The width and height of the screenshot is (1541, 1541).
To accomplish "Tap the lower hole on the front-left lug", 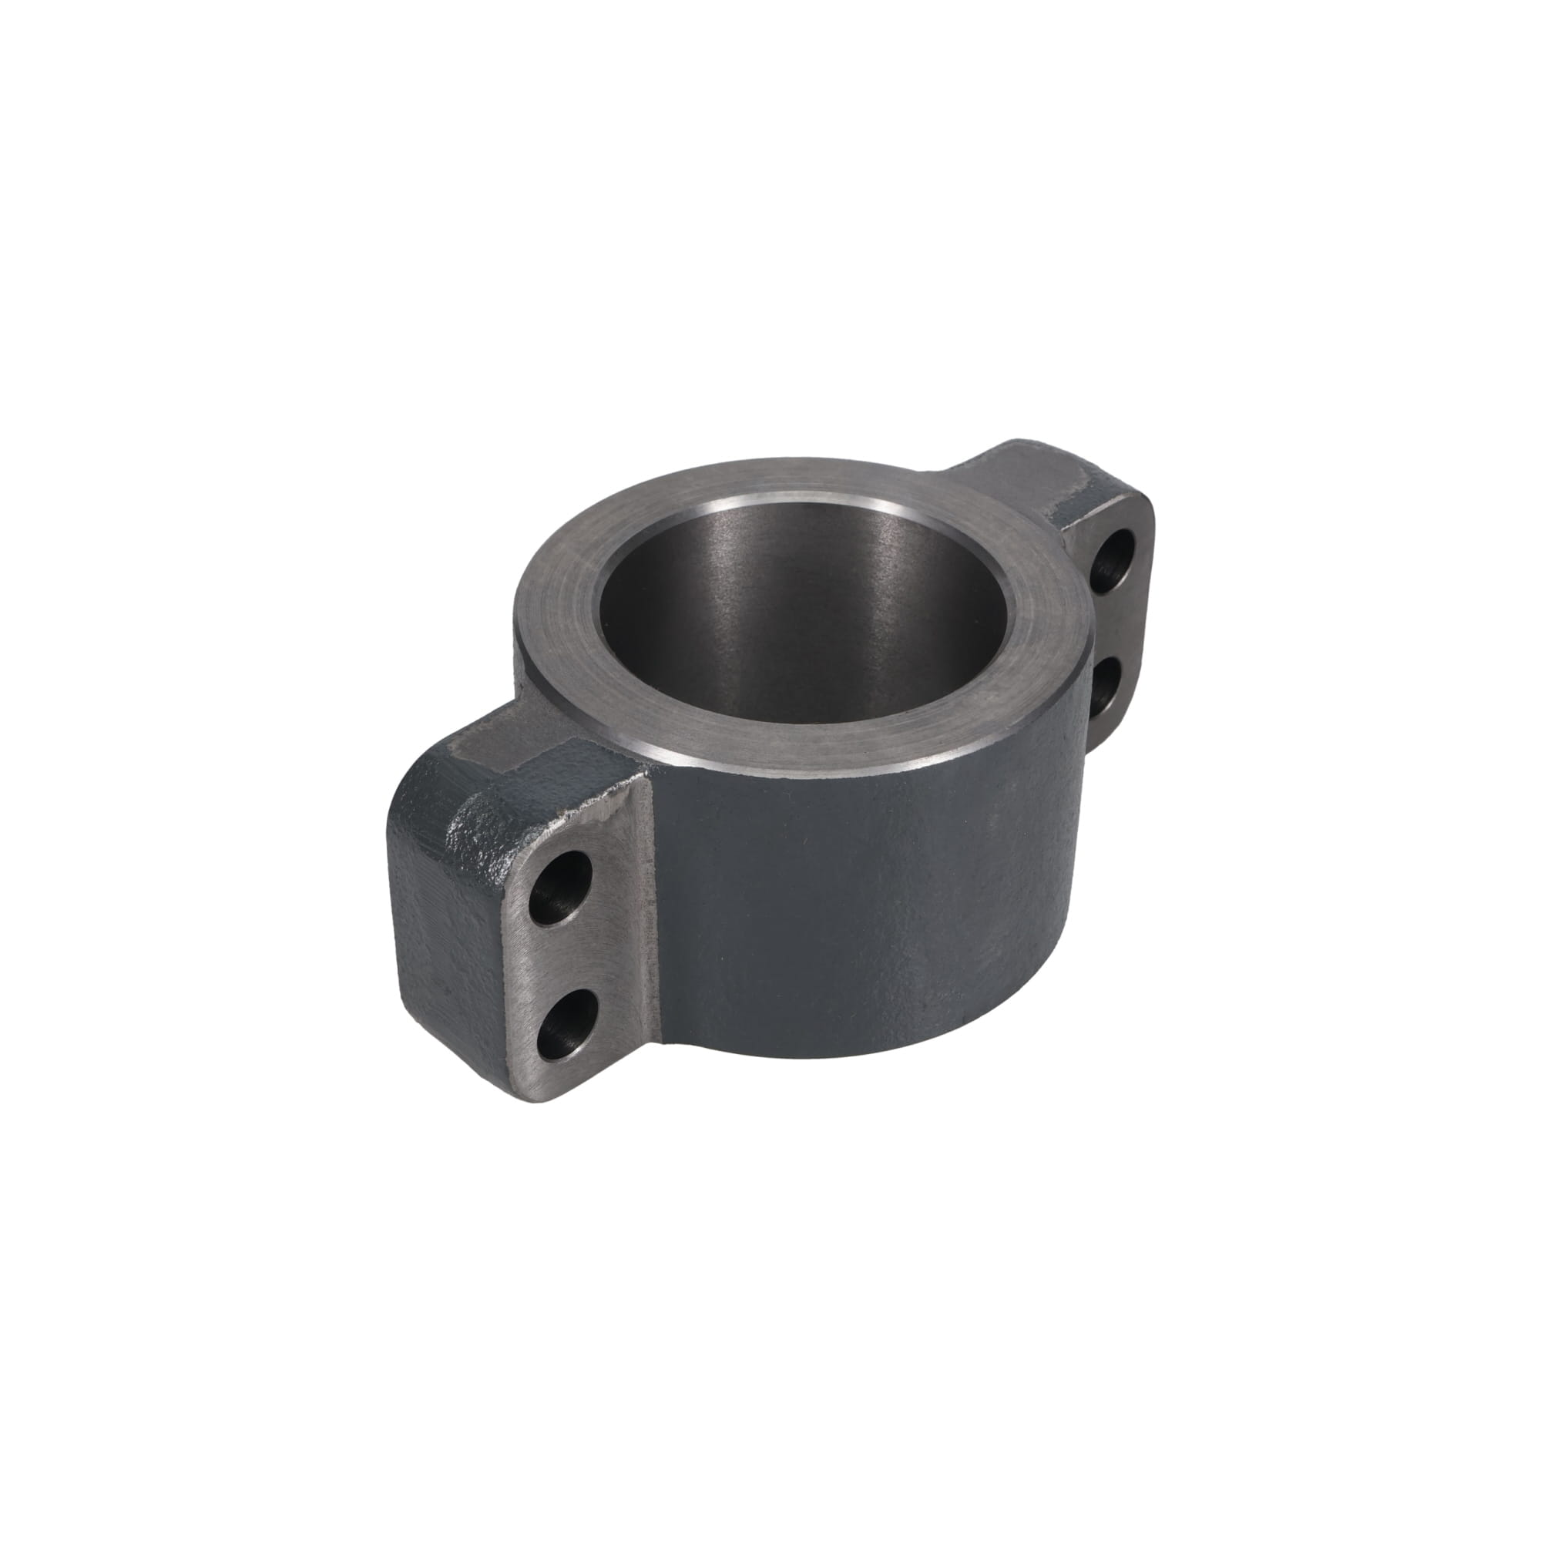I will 563,1022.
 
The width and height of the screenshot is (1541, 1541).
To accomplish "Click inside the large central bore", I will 797,638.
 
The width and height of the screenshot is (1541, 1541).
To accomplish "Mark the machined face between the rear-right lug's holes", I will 1116,626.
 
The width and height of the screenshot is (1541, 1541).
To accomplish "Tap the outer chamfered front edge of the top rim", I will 797,762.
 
